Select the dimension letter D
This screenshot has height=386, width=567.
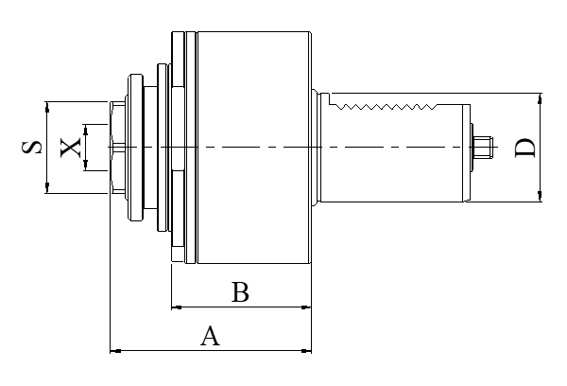525,148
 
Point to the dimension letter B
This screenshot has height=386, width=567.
240,292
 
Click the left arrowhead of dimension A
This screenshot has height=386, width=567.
114,351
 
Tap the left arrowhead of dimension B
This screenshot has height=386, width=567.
175,307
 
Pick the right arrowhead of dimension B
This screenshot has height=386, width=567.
307,307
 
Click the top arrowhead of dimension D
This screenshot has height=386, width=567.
540,96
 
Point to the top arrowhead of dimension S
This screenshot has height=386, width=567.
46,104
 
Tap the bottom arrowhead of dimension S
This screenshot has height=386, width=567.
46,190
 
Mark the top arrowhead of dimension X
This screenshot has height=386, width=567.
86,128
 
